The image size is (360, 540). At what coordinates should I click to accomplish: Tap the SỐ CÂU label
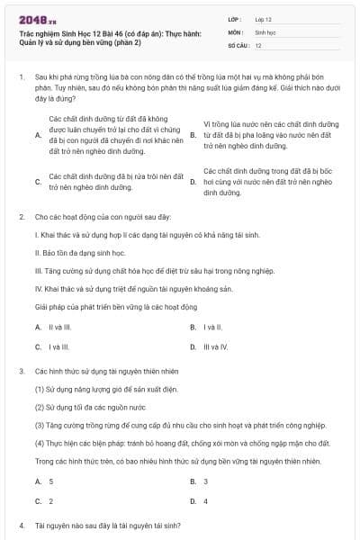point(238,45)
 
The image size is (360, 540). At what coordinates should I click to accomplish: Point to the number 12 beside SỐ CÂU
point(258,45)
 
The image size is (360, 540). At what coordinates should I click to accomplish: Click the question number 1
point(21,78)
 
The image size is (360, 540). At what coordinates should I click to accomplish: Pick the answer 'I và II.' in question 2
point(212,328)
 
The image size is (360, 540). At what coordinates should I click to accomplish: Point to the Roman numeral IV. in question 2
point(39,289)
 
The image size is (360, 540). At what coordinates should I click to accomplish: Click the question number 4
point(21,525)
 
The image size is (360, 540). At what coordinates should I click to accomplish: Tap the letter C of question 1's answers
point(38,181)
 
